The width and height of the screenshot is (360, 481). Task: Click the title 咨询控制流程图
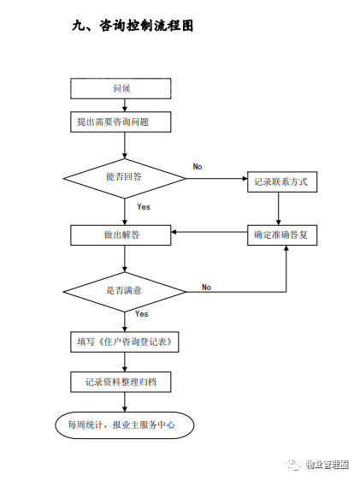tap(146, 26)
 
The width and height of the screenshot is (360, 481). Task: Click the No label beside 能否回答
tap(198, 167)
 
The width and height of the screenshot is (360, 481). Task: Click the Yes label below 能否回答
tap(144, 207)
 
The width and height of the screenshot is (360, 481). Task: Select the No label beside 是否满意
tap(206, 287)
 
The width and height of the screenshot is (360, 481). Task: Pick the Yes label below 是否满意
tap(142, 314)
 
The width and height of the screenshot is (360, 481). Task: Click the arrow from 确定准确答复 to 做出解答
tap(210, 232)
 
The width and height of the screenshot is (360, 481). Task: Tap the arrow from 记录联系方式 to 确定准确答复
tap(279, 209)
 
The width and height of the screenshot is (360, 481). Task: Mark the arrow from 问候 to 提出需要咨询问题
tap(124, 105)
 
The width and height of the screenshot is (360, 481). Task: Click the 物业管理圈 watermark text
tap(327, 465)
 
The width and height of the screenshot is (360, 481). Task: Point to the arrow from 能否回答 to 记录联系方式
tap(216, 178)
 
